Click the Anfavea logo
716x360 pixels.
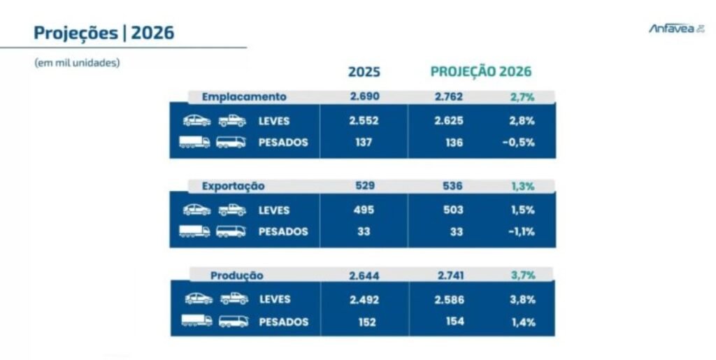point(676,29)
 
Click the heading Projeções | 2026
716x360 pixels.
point(104,33)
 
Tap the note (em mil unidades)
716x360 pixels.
point(77,62)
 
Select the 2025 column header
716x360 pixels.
point(364,72)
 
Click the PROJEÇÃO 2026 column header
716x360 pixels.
point(481,72)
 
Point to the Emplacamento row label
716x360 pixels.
point(244,96)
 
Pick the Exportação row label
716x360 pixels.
point(234,186)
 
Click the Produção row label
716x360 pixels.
point(237,275)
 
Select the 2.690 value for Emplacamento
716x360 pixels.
point(364,96)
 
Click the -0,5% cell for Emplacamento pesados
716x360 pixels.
point(520,143)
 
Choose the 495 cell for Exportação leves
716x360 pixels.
point(364,210)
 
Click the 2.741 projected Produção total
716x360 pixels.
point(448,275)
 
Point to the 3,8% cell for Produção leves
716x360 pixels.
point(522,299)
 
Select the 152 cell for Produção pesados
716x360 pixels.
point(364,322)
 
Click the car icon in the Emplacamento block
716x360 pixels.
point(197,120)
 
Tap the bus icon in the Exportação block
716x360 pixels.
point(231,231)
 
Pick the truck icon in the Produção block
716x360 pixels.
point(196,321)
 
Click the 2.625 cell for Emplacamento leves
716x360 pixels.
point(448,120)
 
